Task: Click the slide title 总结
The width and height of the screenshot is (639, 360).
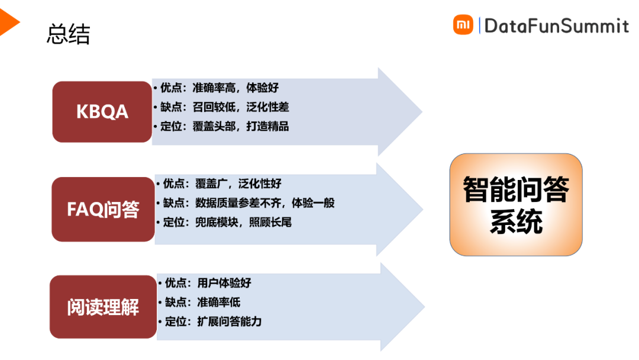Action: click(x=68, y=34)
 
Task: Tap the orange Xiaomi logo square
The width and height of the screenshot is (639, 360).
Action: click(x=463, y=25)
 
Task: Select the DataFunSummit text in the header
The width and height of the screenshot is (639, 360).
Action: click(x=556, y=25)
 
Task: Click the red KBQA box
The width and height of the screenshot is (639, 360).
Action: click(x=102, y=112)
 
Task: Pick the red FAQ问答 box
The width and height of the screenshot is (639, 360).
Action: click(x=103, y=209)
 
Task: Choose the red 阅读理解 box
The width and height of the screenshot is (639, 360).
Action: click(x=103, y=307)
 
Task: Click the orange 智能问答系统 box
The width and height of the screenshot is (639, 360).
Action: click(x=516, y=205)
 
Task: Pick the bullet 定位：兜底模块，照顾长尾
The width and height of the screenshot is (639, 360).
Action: click(x=227, y=223)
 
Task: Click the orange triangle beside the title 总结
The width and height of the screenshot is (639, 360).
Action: click(x=8, y=22)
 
